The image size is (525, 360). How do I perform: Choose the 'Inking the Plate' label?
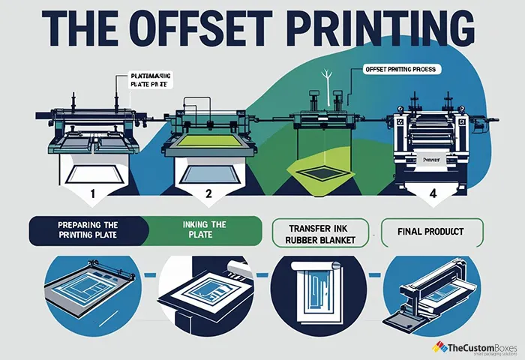(x=203, y=230)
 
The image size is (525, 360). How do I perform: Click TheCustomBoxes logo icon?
(x=439, y=346)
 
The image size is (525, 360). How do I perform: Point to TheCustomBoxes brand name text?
(x=480, y=346)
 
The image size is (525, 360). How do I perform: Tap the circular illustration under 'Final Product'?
(x=431, y=296)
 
